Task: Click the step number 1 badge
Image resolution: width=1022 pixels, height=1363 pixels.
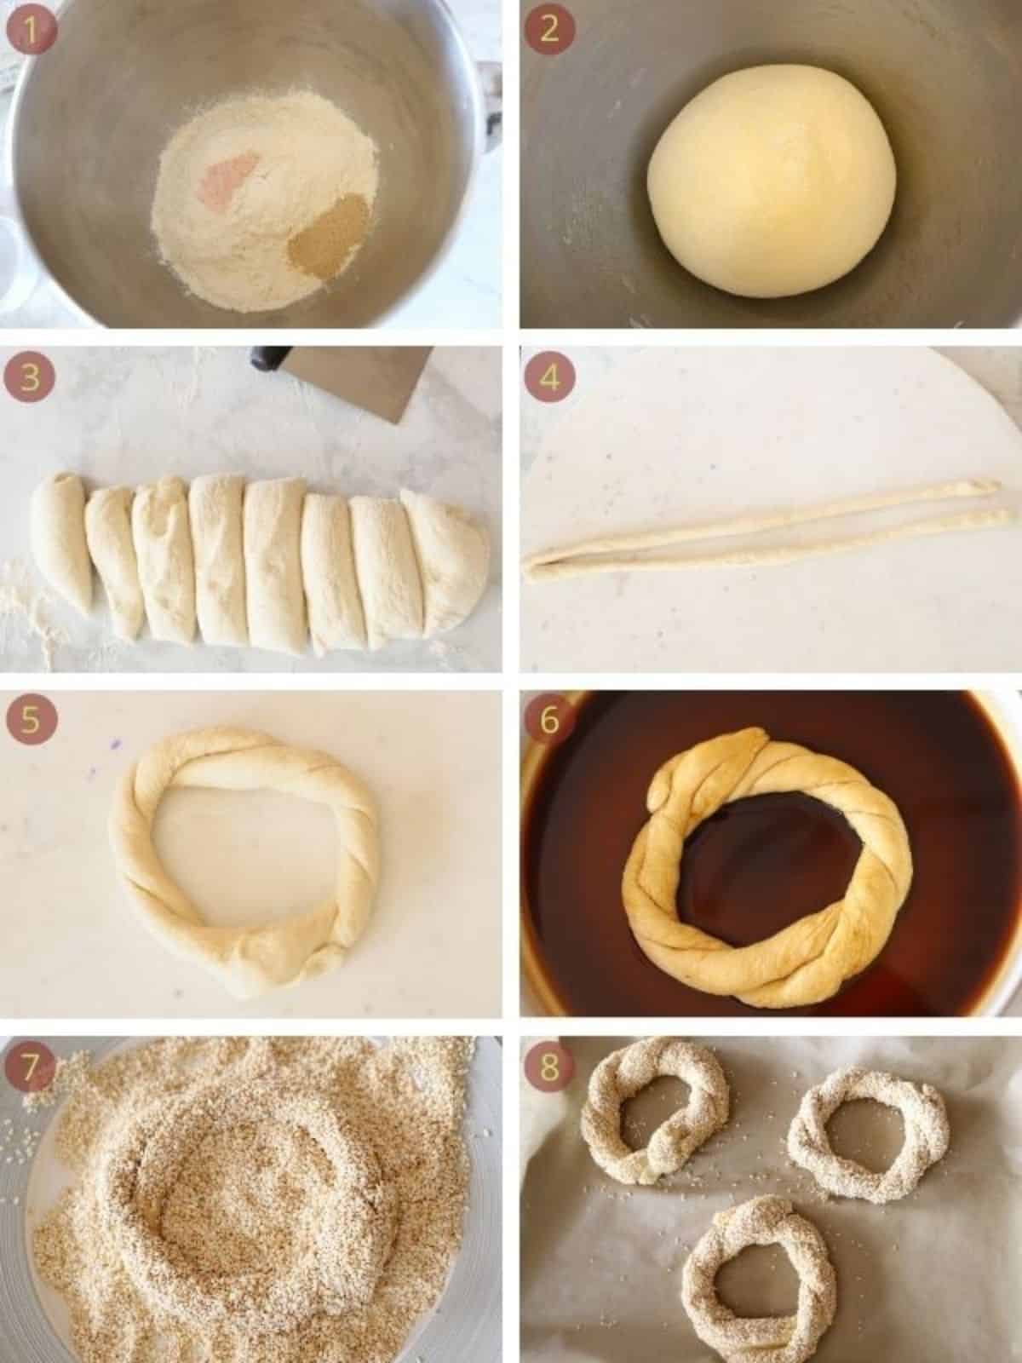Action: point(31,31)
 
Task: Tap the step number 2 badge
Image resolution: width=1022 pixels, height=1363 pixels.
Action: point(549,31)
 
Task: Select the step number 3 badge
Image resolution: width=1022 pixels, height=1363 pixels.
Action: point(31,377)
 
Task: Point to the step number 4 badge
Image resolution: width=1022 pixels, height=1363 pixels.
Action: point(549,377)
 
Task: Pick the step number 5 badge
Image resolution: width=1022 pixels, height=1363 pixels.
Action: point(31,721)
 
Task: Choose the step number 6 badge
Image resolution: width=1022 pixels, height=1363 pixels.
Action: point(549,721)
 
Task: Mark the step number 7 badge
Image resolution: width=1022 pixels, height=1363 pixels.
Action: point(31,1067)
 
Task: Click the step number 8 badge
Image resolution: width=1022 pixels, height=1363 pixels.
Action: point(549,1067)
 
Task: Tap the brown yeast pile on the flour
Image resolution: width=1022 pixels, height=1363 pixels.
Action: point(328,233)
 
